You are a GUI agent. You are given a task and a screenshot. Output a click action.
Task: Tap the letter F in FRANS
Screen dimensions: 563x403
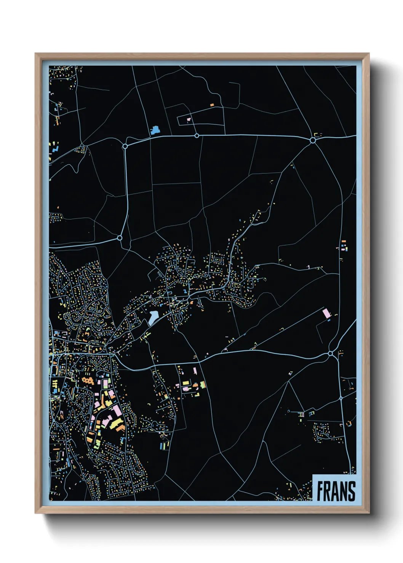point(320,491)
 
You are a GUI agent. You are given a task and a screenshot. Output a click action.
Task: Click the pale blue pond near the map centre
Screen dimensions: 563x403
point(153,316)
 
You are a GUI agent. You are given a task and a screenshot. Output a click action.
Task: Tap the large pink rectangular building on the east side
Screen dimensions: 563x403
point(326,313)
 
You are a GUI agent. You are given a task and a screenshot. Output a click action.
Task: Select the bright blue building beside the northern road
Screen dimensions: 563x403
point(155,130)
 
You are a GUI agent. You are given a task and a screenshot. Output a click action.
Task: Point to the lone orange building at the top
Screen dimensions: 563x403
point(212,105)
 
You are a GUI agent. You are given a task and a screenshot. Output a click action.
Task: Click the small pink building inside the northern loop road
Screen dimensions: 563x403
point(188,119)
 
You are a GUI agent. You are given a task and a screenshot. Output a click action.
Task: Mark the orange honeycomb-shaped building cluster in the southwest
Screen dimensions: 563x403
point(88,380)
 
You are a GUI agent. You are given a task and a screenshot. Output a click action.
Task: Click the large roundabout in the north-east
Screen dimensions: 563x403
point(313,140)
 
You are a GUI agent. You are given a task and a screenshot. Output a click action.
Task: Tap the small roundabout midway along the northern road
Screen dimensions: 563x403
point(197,135)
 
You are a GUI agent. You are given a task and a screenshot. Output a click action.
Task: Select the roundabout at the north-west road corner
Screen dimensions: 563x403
point(125,146)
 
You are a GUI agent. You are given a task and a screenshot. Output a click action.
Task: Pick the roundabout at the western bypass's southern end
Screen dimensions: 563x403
point(120,238)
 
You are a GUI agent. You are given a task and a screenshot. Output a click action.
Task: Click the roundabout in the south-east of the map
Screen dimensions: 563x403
point(330,354)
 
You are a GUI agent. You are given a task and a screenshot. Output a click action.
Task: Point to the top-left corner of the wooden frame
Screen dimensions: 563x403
point(36,54)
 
